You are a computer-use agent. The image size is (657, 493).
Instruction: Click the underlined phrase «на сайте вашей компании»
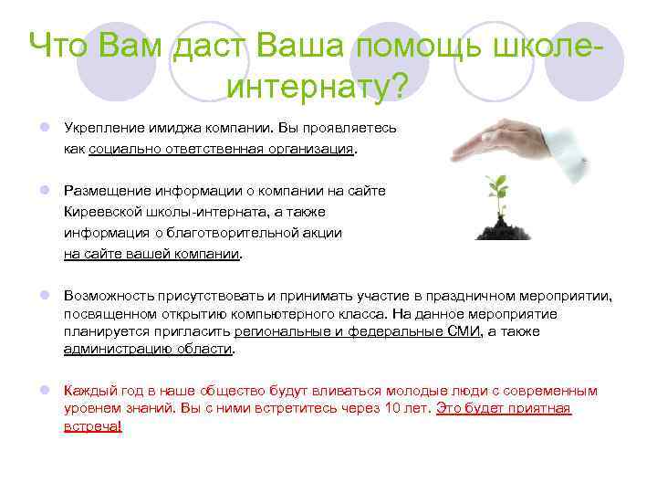pyautogui.click(x=151, y=255)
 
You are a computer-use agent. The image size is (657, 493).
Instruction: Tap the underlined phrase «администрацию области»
pyautogui.click(x=148, y=349)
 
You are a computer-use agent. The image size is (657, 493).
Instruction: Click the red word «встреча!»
pyautogui.click(x=92, y=426)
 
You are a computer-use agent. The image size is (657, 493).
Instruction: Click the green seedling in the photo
pyautogui.click(x=498, y=191)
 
